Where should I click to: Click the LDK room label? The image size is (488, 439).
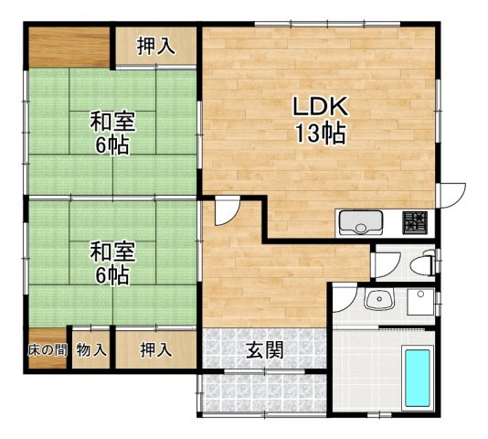coord(320,107)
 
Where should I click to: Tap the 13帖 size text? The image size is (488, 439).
coord(321,134)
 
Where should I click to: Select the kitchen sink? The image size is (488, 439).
coord(361,222)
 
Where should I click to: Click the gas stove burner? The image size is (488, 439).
coord(415,222)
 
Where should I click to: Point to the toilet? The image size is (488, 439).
coord(422,264)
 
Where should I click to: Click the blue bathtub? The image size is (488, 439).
coord(418,378)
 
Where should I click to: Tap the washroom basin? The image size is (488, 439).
coord(379,298)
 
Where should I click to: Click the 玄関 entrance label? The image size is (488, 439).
coord(265,349)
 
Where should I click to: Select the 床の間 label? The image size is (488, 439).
coord(48,350)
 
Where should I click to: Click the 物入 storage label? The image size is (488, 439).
coord(91,350)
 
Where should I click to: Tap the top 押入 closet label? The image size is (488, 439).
coord(155,46)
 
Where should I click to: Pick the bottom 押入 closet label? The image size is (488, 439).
coord(155,349)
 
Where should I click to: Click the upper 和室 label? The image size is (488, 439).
coord(112,122)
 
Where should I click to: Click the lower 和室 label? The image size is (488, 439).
coord(112,252)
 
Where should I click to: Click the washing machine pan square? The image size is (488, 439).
coord(420,302)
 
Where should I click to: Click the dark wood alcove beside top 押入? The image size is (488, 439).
coord(69,48)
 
